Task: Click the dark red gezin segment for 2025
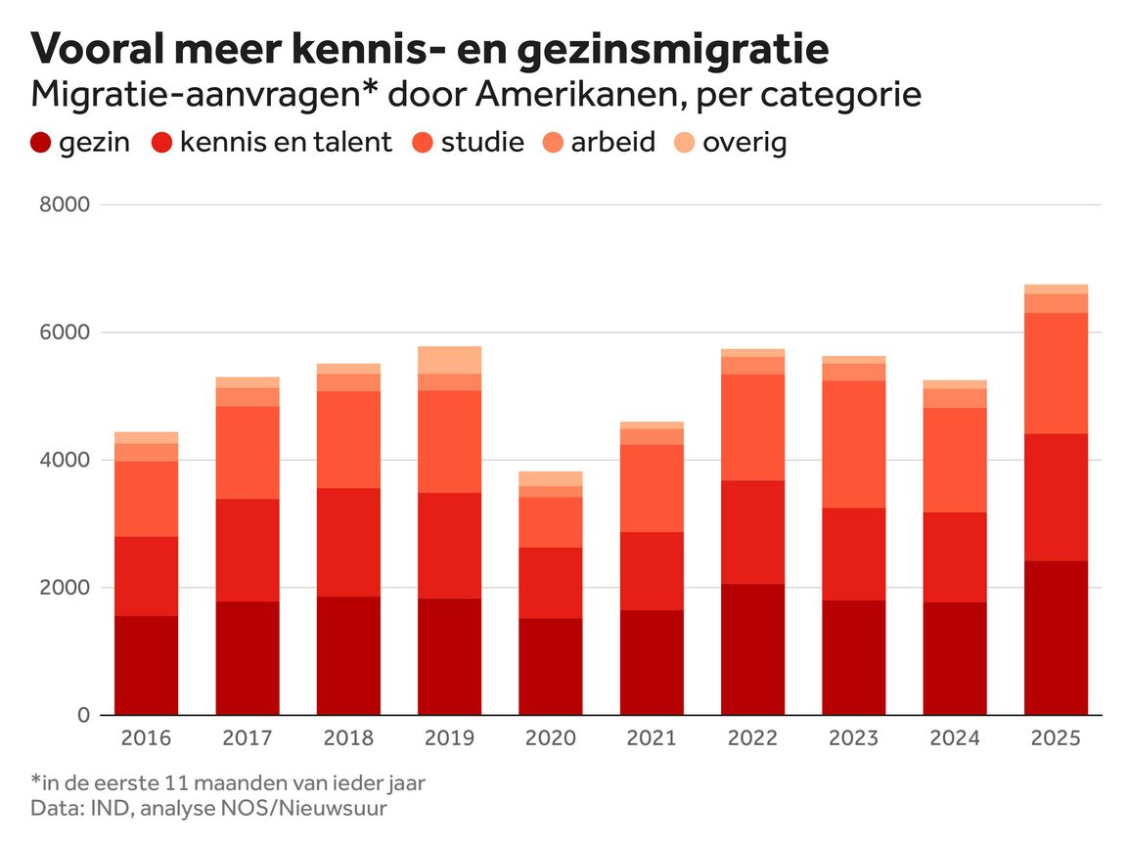1056,638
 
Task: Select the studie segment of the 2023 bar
853,444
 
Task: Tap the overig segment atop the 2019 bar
450,360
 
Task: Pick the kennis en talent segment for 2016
147,576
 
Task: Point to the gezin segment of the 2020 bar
550,666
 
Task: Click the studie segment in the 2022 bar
752,427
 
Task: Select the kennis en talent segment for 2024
954,556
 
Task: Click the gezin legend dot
41,143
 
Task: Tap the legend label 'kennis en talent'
286,143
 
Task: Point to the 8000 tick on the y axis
66,205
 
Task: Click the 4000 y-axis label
66,461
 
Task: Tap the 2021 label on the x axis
651,738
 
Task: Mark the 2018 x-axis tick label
348,738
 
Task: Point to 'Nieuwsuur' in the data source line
346,809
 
